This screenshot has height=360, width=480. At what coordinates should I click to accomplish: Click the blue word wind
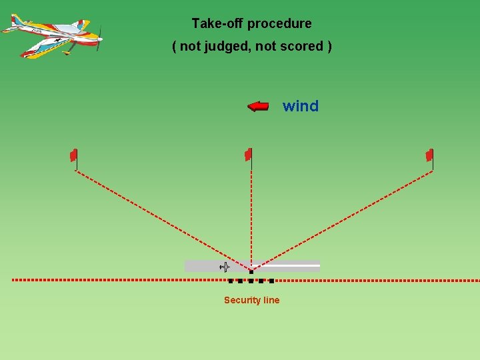point(301,106)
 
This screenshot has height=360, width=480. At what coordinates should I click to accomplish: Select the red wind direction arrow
point(258,106)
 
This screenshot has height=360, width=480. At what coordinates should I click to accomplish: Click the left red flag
point(74,155)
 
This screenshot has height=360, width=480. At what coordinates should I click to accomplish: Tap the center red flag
point(248,155)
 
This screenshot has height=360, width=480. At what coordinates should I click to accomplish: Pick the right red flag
point(429,155)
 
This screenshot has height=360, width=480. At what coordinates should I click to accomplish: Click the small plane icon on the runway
point(225,267)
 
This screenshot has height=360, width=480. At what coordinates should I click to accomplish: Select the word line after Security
point(271,301)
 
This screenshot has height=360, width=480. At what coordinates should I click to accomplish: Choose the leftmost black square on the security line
point(231,281)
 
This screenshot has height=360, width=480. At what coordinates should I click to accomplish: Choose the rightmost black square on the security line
point(271,281)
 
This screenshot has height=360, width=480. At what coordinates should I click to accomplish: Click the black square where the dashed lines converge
point(251,271)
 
